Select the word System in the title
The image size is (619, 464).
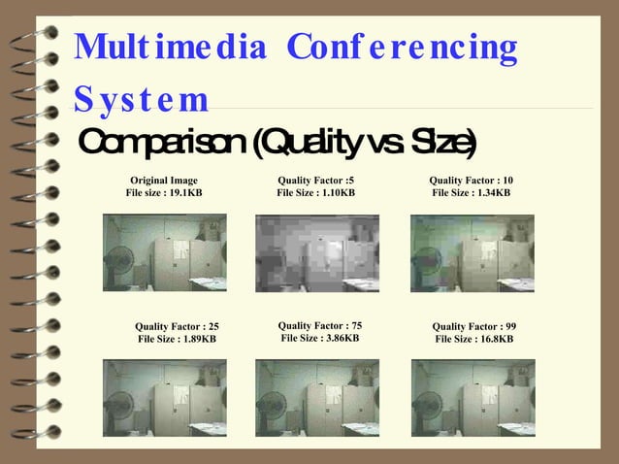(141, 99)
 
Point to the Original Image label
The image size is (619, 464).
(164, 181)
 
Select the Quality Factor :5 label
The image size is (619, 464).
(315, 181)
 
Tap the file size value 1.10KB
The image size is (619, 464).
(336, 193)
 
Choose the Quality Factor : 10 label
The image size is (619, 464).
(471, 181)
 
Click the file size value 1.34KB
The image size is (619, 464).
(491, 193)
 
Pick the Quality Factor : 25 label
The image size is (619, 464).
(177, 326)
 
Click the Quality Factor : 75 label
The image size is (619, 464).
(319, 325)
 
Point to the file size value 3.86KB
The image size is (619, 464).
(340, 338)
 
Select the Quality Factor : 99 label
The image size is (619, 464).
(473, 326)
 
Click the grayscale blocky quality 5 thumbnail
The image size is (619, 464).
(316, 253)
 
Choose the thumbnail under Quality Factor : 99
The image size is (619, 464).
(473, 398)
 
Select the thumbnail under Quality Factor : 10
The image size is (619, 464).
(472, 253)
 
